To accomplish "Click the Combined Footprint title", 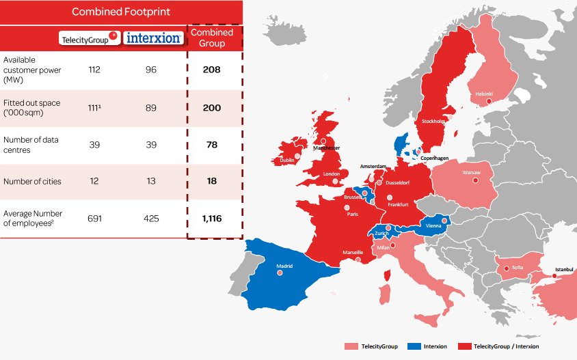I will coord(121,12).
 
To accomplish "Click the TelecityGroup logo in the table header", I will coord(90,38).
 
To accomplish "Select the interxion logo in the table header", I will coord(153,38).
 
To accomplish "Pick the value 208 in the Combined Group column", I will coord(211,70).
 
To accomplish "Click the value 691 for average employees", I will coord(94,219).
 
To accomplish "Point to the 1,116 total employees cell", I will coord(213,219).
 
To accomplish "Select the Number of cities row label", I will coord(32,181).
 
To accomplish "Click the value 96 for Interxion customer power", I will coord(151,70).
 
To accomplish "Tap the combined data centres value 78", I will coord(211,145).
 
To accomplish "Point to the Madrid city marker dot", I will coord(280,273).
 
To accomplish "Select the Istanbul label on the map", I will coord(565,269).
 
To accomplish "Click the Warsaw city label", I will coord(472,173).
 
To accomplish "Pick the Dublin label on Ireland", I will coord(286,160).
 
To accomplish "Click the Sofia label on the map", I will coord(517,267).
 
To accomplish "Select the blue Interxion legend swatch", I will coord(412,346).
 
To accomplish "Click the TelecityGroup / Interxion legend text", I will coord(506,346).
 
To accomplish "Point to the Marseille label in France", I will coord(353,252).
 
